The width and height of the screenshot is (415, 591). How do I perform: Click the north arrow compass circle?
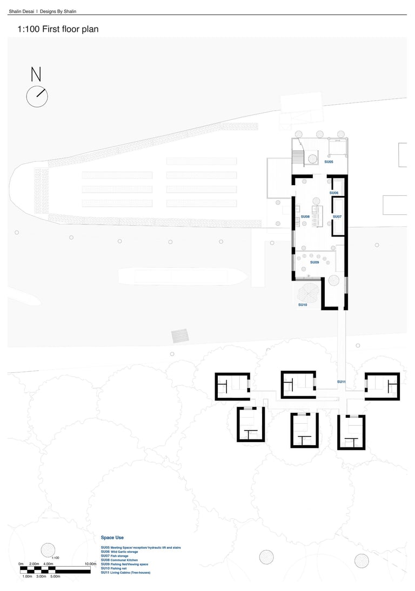tap(37, 97)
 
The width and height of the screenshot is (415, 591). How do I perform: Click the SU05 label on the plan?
tap(329, 162)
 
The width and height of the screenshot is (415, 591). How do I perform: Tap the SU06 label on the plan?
tap(334, 193)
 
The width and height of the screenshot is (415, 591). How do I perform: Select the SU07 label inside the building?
tap(337, 216)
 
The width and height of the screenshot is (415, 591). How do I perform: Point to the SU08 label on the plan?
tap(305, 216)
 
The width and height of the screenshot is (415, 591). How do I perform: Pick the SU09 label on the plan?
tap(314, 262)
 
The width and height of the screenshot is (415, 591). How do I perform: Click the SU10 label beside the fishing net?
tap(303, 305)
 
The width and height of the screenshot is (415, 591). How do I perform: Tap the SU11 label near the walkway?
tap(342, 382)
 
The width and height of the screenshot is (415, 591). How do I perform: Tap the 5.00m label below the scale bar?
tap(55, 576)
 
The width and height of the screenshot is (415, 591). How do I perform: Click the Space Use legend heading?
tap(112, 538)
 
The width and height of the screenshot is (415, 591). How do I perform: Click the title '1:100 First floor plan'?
tap(58, 29)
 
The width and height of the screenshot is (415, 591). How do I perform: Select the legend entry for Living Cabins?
tap(125, 572)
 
